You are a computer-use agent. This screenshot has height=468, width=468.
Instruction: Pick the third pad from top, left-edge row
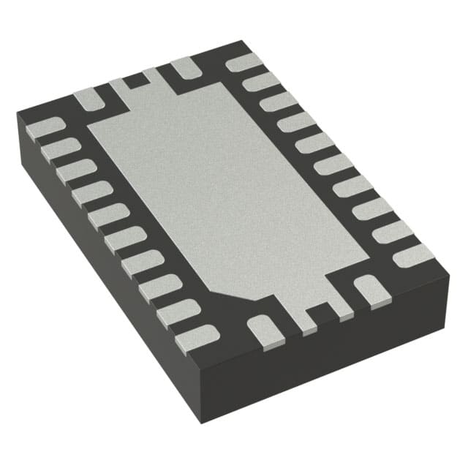(76, 171)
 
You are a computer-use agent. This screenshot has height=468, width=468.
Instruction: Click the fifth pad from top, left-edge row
(108, 216)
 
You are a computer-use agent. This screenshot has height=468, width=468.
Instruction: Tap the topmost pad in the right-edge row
(244, 63)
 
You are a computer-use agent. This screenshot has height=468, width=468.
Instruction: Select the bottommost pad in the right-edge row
(413, 256)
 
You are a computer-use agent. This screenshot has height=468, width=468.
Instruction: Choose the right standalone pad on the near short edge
(369, 289)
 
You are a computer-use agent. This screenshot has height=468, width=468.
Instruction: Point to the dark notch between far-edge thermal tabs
(133, 80)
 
